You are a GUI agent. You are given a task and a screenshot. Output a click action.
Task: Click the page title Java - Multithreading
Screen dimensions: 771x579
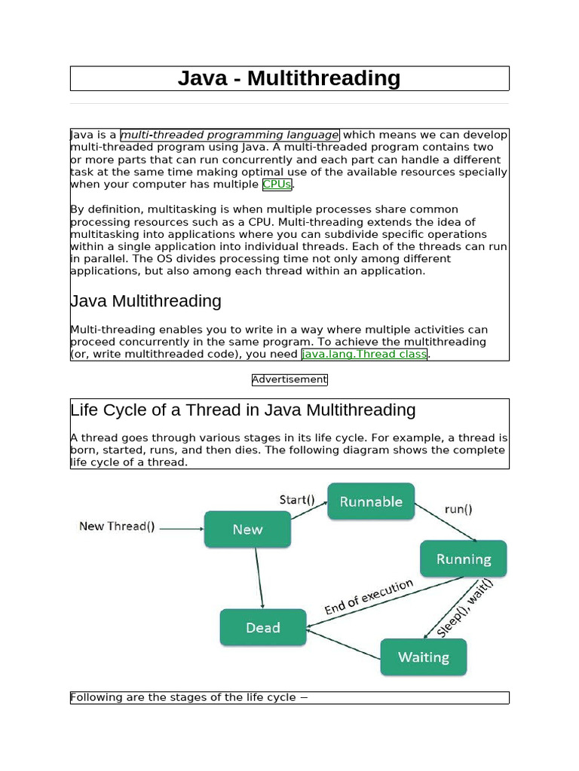(x=289, y=78)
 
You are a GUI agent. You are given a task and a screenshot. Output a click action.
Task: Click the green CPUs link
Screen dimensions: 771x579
(x=277, y=184)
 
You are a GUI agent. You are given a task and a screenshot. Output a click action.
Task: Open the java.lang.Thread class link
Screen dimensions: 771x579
(x=364, y=354)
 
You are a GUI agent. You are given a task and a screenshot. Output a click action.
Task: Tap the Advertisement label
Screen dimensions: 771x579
(x=289, y=379)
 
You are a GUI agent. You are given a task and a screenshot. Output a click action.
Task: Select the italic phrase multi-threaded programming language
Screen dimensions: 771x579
(x=230, y=135)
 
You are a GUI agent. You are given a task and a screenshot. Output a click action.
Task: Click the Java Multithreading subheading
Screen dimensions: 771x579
(x=146, y=301)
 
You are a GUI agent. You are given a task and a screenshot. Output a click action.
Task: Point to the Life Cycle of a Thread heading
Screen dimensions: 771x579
(x=243, y=410)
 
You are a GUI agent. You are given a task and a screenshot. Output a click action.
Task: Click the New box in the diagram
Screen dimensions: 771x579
(x=247, y=529)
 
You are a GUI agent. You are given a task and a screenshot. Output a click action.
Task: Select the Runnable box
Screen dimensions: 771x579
(x=371, y=501)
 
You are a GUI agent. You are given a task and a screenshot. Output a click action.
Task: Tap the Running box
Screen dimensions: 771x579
(x=464, y=559)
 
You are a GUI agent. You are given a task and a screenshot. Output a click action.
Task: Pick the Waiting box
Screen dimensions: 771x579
(x=424, y=657)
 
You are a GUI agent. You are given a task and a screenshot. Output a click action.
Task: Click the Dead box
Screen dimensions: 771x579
(x=263, y=627)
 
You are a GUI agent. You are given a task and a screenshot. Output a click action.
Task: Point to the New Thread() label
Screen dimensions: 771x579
(x=117, y=526)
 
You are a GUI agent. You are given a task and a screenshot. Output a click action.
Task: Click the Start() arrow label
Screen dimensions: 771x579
(x=297, y=499)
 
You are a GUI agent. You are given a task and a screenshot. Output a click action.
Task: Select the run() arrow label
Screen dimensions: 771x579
(x=458, y=508)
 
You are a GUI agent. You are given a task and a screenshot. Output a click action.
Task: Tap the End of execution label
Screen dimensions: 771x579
(x=369, y=597)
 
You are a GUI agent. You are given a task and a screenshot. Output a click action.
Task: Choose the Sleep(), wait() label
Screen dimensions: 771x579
(x=464, y=607)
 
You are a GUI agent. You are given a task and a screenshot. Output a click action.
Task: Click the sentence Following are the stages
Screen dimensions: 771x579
(x=189, y=697)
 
